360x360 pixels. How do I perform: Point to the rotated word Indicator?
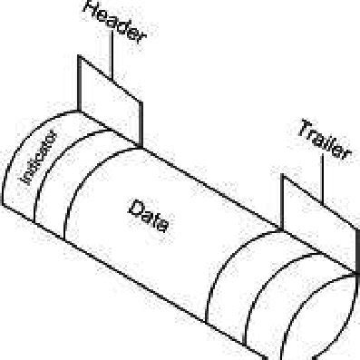pyautogui.click(x=38, y=160)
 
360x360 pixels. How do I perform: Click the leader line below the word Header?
pyautogui.click(x=112, y=54)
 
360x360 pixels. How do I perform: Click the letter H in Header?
pyautogui.click(x=91, y=10)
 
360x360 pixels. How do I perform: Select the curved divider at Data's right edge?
pyautogui.click(x=218, y=272)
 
